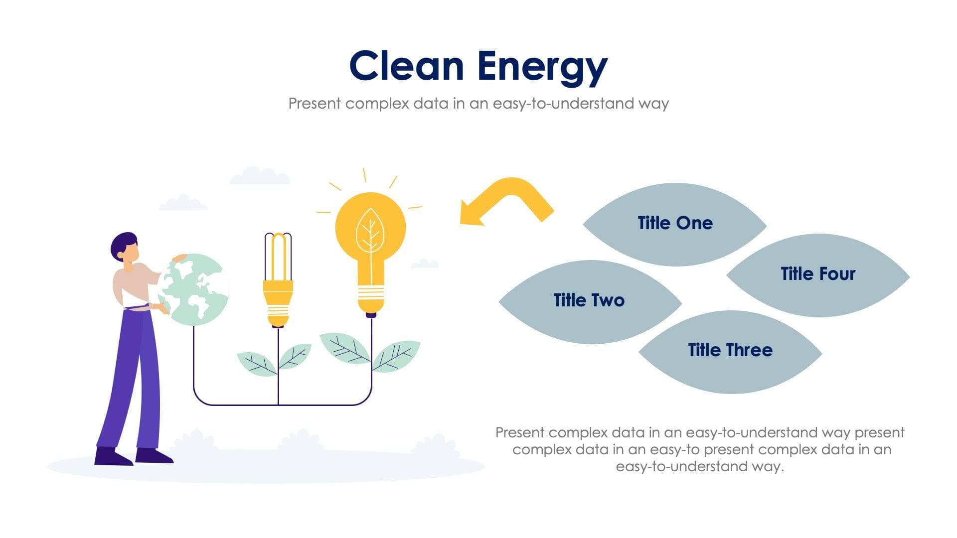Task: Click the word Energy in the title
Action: pyautogui.click(x=542, y=66)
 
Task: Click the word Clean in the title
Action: pyautogui.click(x=406, y=66)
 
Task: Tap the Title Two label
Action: pyautogui.click(x=589, y=300)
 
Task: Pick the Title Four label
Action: pyautogui.click(x=817, y=274)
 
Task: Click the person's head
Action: pyautogui.click(x=124, y=247)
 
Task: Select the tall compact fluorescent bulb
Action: pyautogui.click(x=278, y=279)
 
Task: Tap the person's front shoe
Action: pyautogui.click(x=154, y=456)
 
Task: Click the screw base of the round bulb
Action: pyautogui.click(x=371, y=299)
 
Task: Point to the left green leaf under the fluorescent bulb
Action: pyautogui.click(x=255, y=364)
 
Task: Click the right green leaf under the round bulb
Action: pyautogui.click(x=396, y=356)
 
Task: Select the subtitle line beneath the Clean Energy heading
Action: pyautogui.click(x=478, y=104)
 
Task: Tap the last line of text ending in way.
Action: pyautogui.click(x=699, y=467)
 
